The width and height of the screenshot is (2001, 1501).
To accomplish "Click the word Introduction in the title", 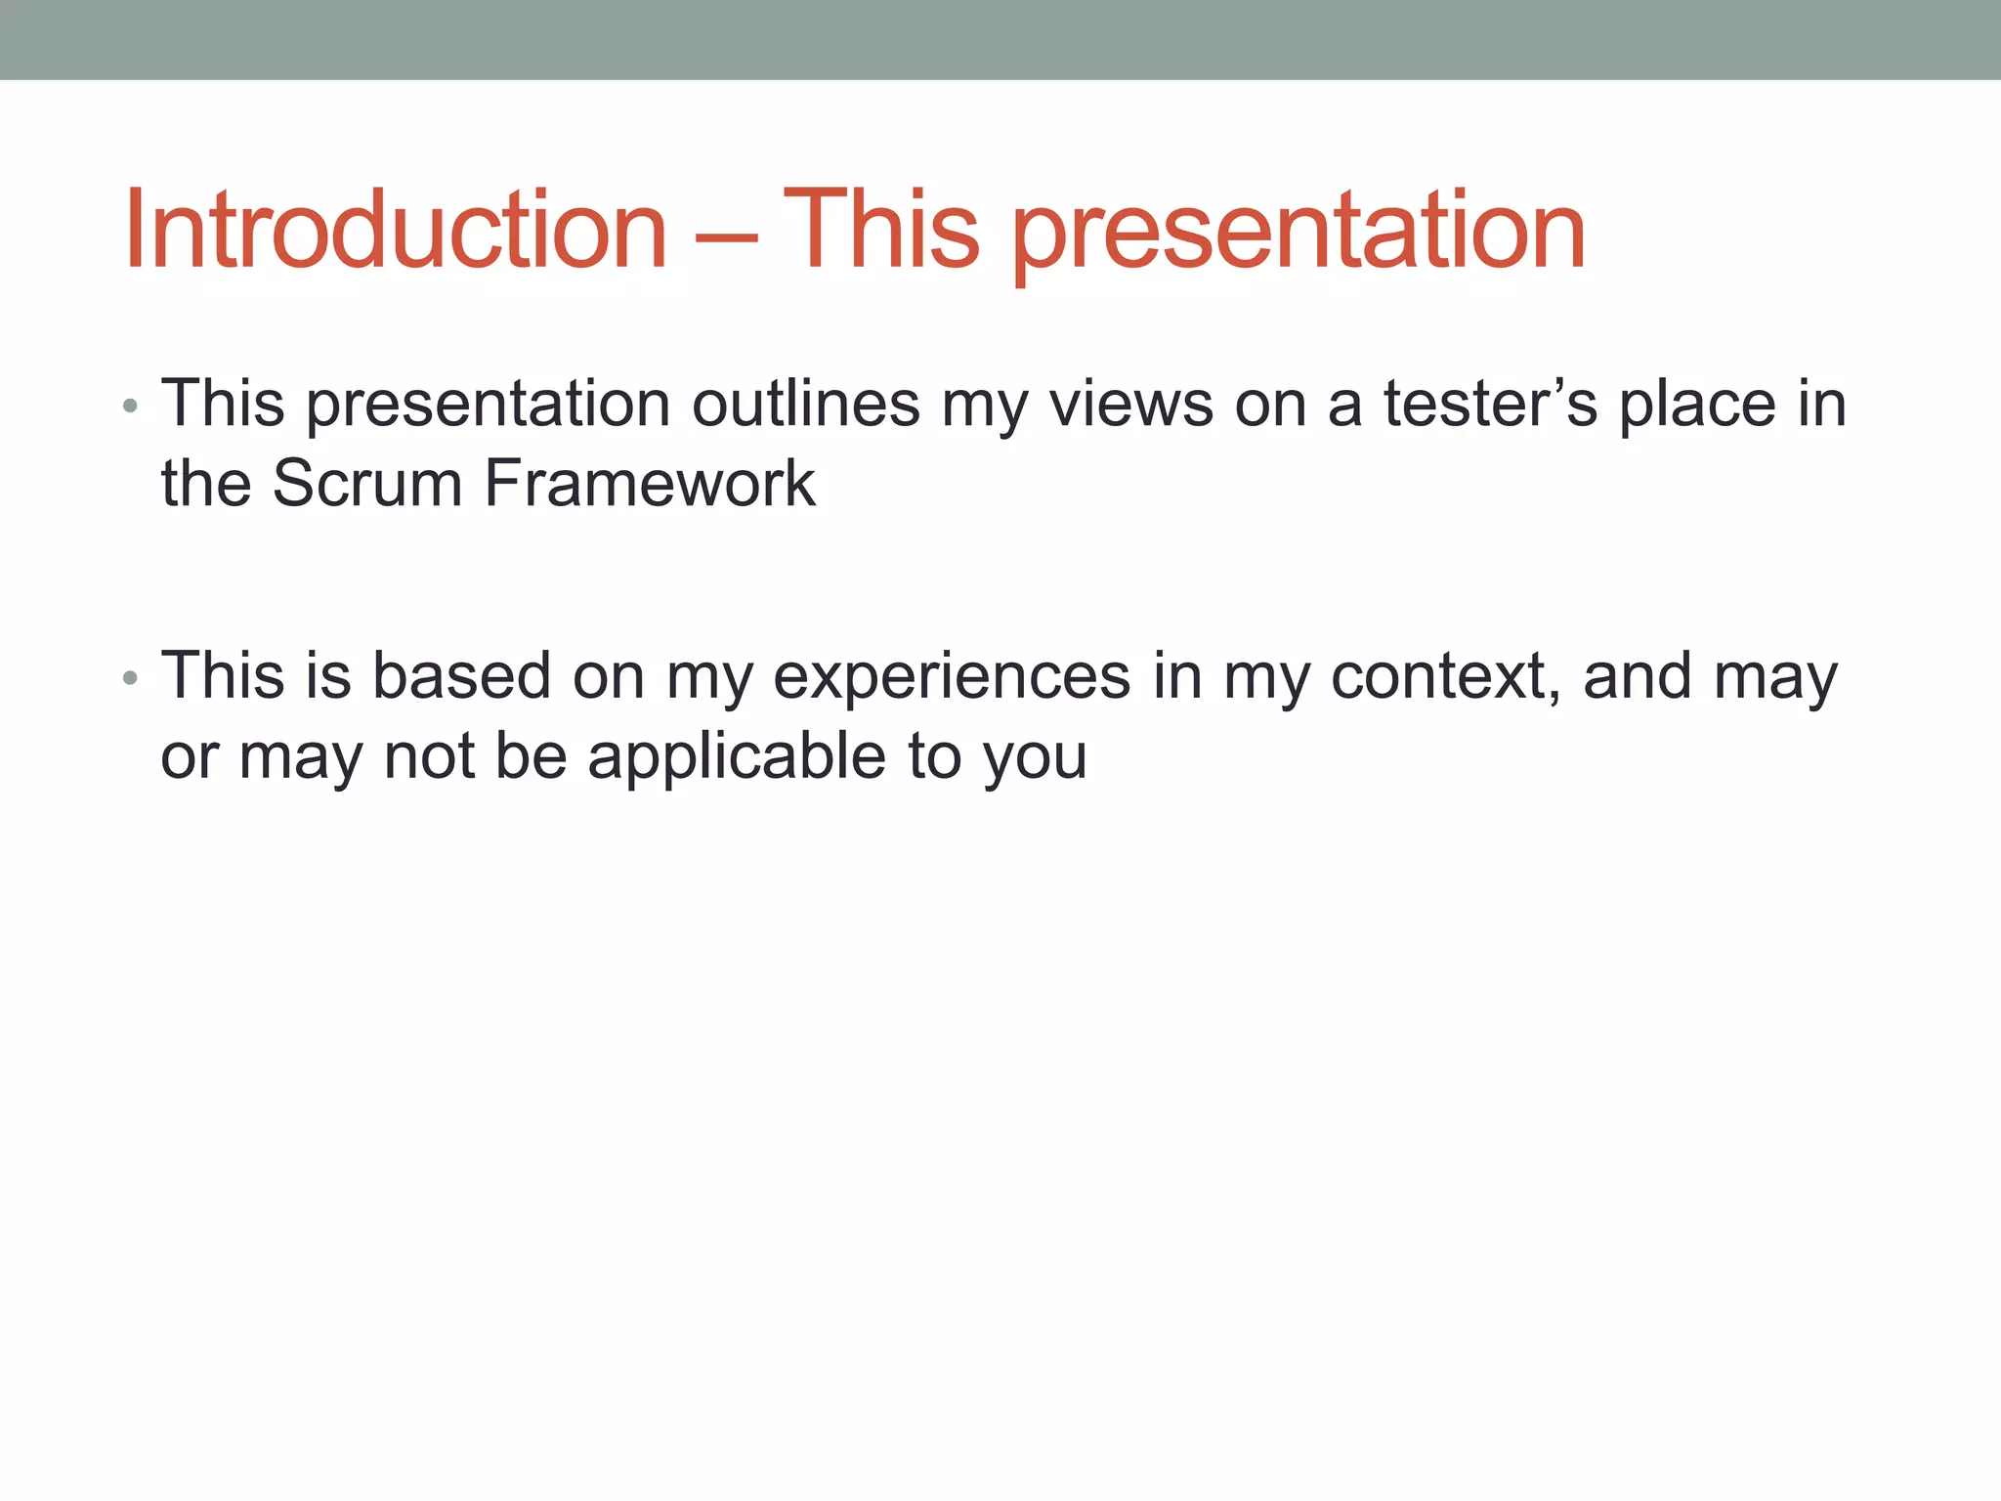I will tap(396, 231).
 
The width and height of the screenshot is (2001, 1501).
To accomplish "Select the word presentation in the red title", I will tap(1298, 235).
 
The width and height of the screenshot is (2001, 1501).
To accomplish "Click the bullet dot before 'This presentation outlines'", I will tap(130, 406).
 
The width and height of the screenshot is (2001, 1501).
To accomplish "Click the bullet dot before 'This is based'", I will tap(130, 677).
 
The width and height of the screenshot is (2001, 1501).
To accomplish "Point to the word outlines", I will tap(806, 404).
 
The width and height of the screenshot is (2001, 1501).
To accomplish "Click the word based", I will tap(461, 676).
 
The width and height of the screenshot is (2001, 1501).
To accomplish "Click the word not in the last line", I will tap(429, 757).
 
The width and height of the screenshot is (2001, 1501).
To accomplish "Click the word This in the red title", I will tap(880, 231).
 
